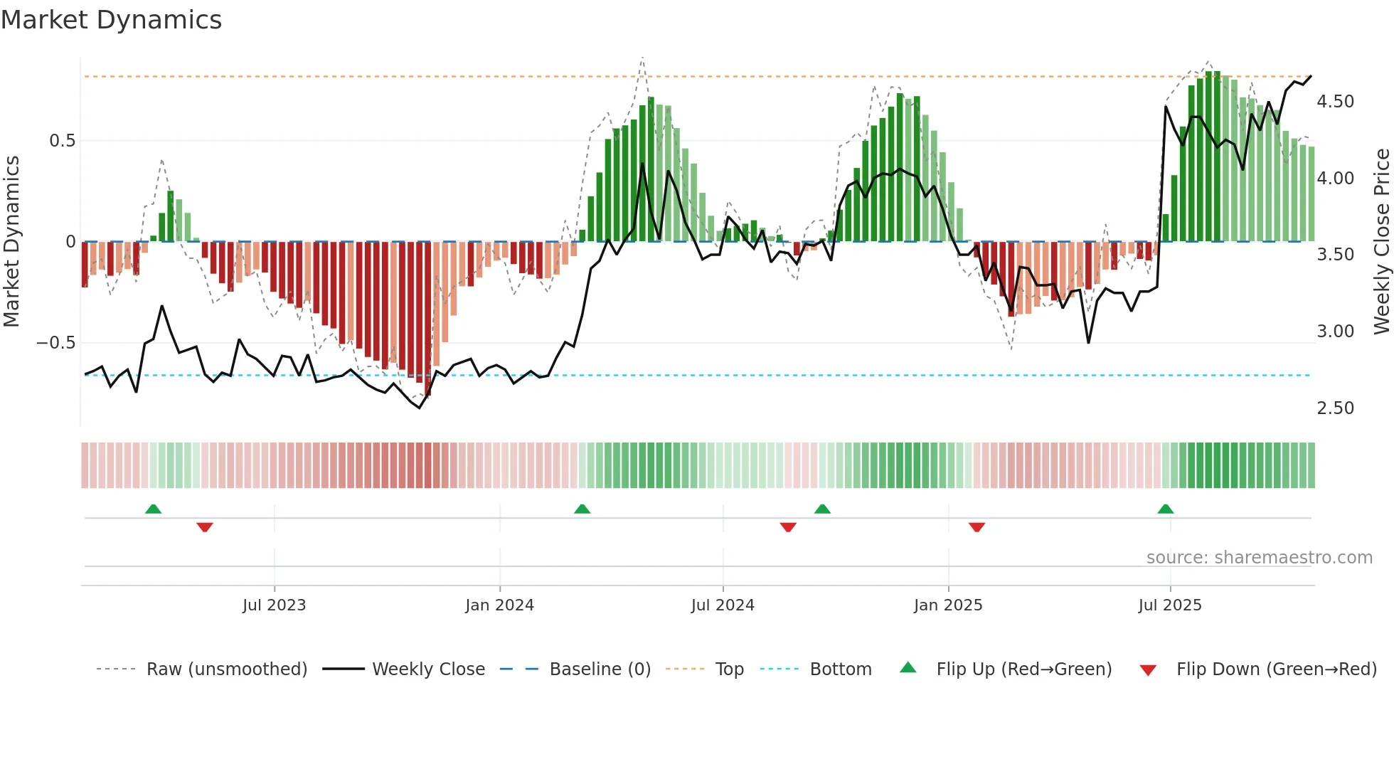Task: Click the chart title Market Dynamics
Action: coord(112,20)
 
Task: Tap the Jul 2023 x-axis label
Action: coord(274,605)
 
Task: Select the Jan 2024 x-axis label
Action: coord(499,605)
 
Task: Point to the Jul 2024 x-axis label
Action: coord(723,605)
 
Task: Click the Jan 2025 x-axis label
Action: coord(948,605)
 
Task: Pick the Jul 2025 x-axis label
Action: coord(1170,605)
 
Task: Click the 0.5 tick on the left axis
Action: coord(63,141)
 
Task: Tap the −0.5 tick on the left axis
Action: coord(56,343)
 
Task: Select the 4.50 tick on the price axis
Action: coord(1335,102)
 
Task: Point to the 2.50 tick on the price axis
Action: coord(1335,408)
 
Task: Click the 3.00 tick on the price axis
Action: coord(1335,332)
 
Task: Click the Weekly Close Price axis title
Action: coord(1381,242)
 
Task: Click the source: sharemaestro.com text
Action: coord(1259,558)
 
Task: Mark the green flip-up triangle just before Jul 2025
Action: coord(1165,509)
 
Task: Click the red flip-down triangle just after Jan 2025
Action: coord(977,527)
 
